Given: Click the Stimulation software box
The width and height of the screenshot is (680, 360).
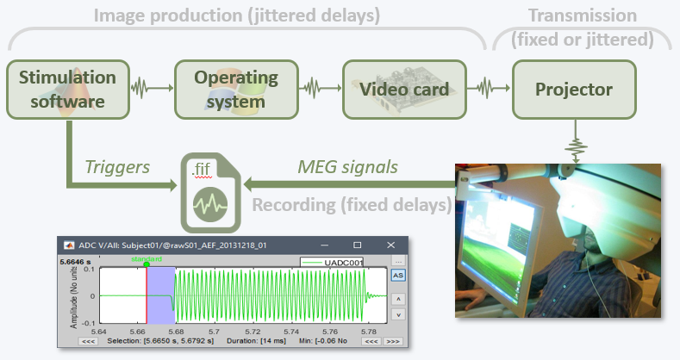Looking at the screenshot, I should coord(67,90).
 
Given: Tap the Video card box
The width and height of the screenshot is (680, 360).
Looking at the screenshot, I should coord(403,90).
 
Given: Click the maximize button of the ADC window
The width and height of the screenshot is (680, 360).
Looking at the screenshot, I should coord(357,245).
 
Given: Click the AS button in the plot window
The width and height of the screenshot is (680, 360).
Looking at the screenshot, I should coord(397,276).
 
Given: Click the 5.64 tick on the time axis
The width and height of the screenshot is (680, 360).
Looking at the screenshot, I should coord(101,331).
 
